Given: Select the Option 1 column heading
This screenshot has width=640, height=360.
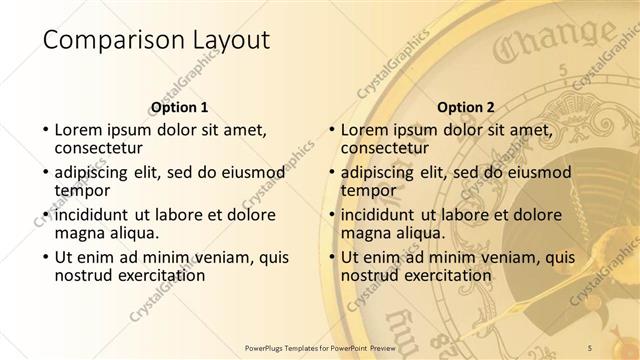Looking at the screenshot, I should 179,107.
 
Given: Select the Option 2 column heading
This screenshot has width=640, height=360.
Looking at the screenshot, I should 465,107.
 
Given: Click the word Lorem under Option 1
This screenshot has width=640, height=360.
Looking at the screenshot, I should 80,129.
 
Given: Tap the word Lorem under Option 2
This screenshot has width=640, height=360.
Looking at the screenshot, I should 366,129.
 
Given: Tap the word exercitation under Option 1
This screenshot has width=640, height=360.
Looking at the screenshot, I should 160,275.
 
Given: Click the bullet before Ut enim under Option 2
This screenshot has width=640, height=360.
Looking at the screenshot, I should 332,258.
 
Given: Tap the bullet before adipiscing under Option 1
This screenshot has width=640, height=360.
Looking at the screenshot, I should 46,172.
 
